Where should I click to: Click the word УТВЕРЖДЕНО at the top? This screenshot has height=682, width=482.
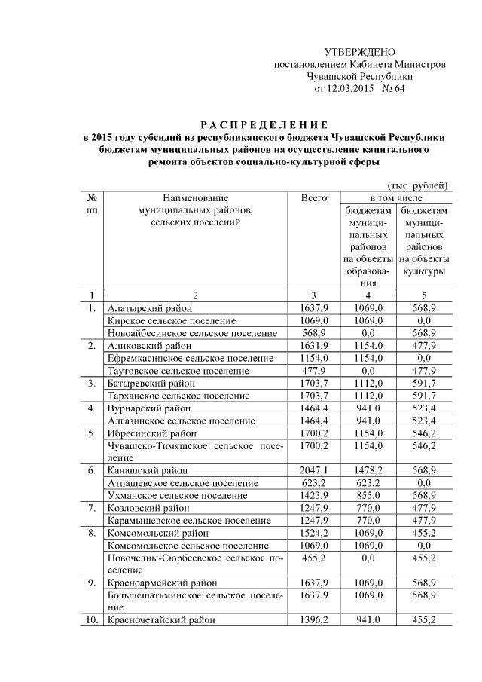tap(359, 52)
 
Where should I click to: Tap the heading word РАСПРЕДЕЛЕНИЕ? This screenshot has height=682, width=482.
tap(264, 124)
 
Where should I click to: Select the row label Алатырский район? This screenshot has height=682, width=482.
tap(151, 308)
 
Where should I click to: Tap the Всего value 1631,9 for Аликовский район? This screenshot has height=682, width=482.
tap(313, 346)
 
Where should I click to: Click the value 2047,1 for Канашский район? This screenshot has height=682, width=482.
tap(313, 470)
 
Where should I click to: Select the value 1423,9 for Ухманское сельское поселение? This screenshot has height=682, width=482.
tap(313, 495)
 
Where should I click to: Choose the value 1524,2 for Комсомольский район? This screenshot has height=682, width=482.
tap(313, 533)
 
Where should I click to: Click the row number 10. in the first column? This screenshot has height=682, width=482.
tap(90, 619)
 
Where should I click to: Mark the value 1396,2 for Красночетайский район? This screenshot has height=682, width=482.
tap(313, 619)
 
